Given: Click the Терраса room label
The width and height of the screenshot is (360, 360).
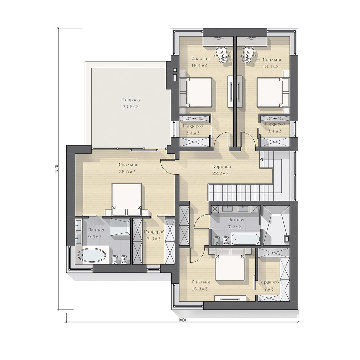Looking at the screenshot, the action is point(131,100).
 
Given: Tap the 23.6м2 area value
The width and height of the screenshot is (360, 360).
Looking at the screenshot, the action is point(131,107).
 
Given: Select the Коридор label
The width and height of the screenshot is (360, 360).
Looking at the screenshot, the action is point(222,167).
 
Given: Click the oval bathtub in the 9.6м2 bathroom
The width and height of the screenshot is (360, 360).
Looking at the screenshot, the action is point(92,255).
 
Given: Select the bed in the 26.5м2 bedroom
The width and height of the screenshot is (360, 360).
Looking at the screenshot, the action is point(126,197).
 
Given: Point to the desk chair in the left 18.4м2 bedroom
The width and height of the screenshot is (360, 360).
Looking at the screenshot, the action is point(222,54).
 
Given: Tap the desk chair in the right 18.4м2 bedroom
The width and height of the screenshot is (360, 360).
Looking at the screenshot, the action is point(248,54).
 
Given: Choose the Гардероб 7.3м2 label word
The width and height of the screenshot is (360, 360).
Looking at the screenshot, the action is point(154,232).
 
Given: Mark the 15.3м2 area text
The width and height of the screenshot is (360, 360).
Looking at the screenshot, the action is point(200,289).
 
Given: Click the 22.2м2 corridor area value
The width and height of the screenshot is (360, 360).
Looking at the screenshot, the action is point(220,174).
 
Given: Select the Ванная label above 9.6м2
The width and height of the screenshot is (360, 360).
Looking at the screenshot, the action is point(96,230).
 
